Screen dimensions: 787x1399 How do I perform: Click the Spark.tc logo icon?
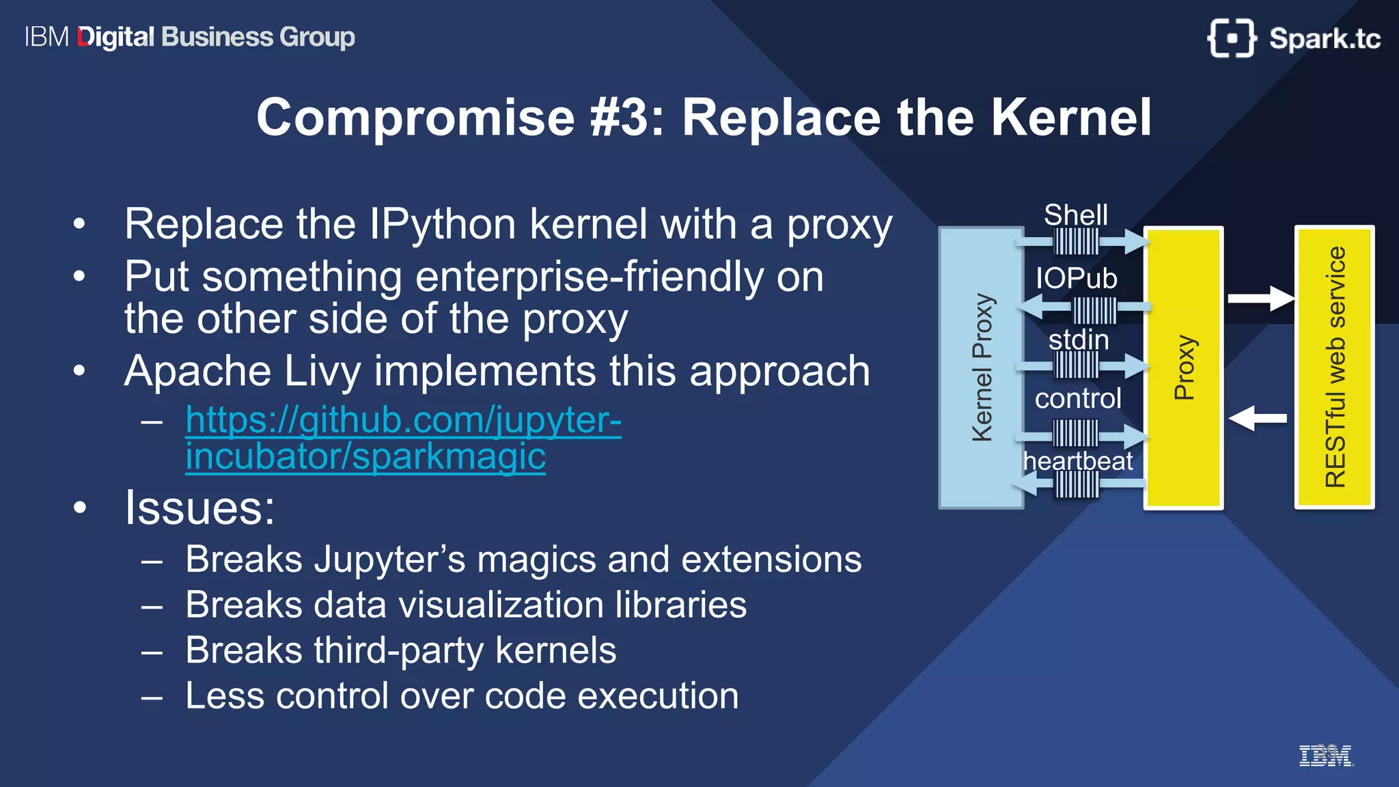(1231, 38)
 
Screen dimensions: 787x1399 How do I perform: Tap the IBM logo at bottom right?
(1325, 756)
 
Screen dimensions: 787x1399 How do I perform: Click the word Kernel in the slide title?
(1071, 118)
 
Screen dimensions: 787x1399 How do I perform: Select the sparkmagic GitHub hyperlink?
(403, 438)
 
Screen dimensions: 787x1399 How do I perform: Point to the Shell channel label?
(1075, 215)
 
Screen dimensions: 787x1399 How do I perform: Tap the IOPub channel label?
(1076, 278)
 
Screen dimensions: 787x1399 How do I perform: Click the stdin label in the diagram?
(1078, 340)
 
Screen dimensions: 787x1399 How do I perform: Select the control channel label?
(1078, 398)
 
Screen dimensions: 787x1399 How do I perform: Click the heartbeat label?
(1078, 461)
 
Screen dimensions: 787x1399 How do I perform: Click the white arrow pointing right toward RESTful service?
(1260, 299)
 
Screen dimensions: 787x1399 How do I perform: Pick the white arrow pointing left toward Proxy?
(1258, 418)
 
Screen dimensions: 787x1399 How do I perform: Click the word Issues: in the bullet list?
(199, 508)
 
